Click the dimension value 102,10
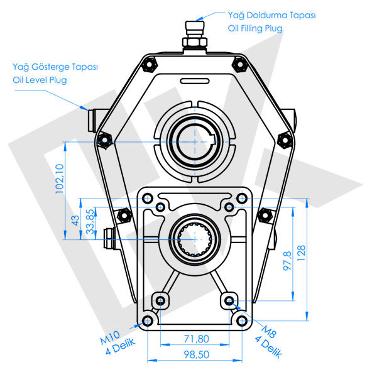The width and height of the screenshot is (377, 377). (x=60, y=178)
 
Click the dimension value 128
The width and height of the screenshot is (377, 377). (x=302, y=253)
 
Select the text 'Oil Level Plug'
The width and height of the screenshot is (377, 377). (x=40, y=80)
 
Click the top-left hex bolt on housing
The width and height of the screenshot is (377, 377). (x=149, y=64)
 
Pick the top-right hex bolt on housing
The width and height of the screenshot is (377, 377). (x=239, y=64)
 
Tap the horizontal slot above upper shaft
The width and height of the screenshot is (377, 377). (x=195, y=80)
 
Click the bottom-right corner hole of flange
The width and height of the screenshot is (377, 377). (x=242, y=320)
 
